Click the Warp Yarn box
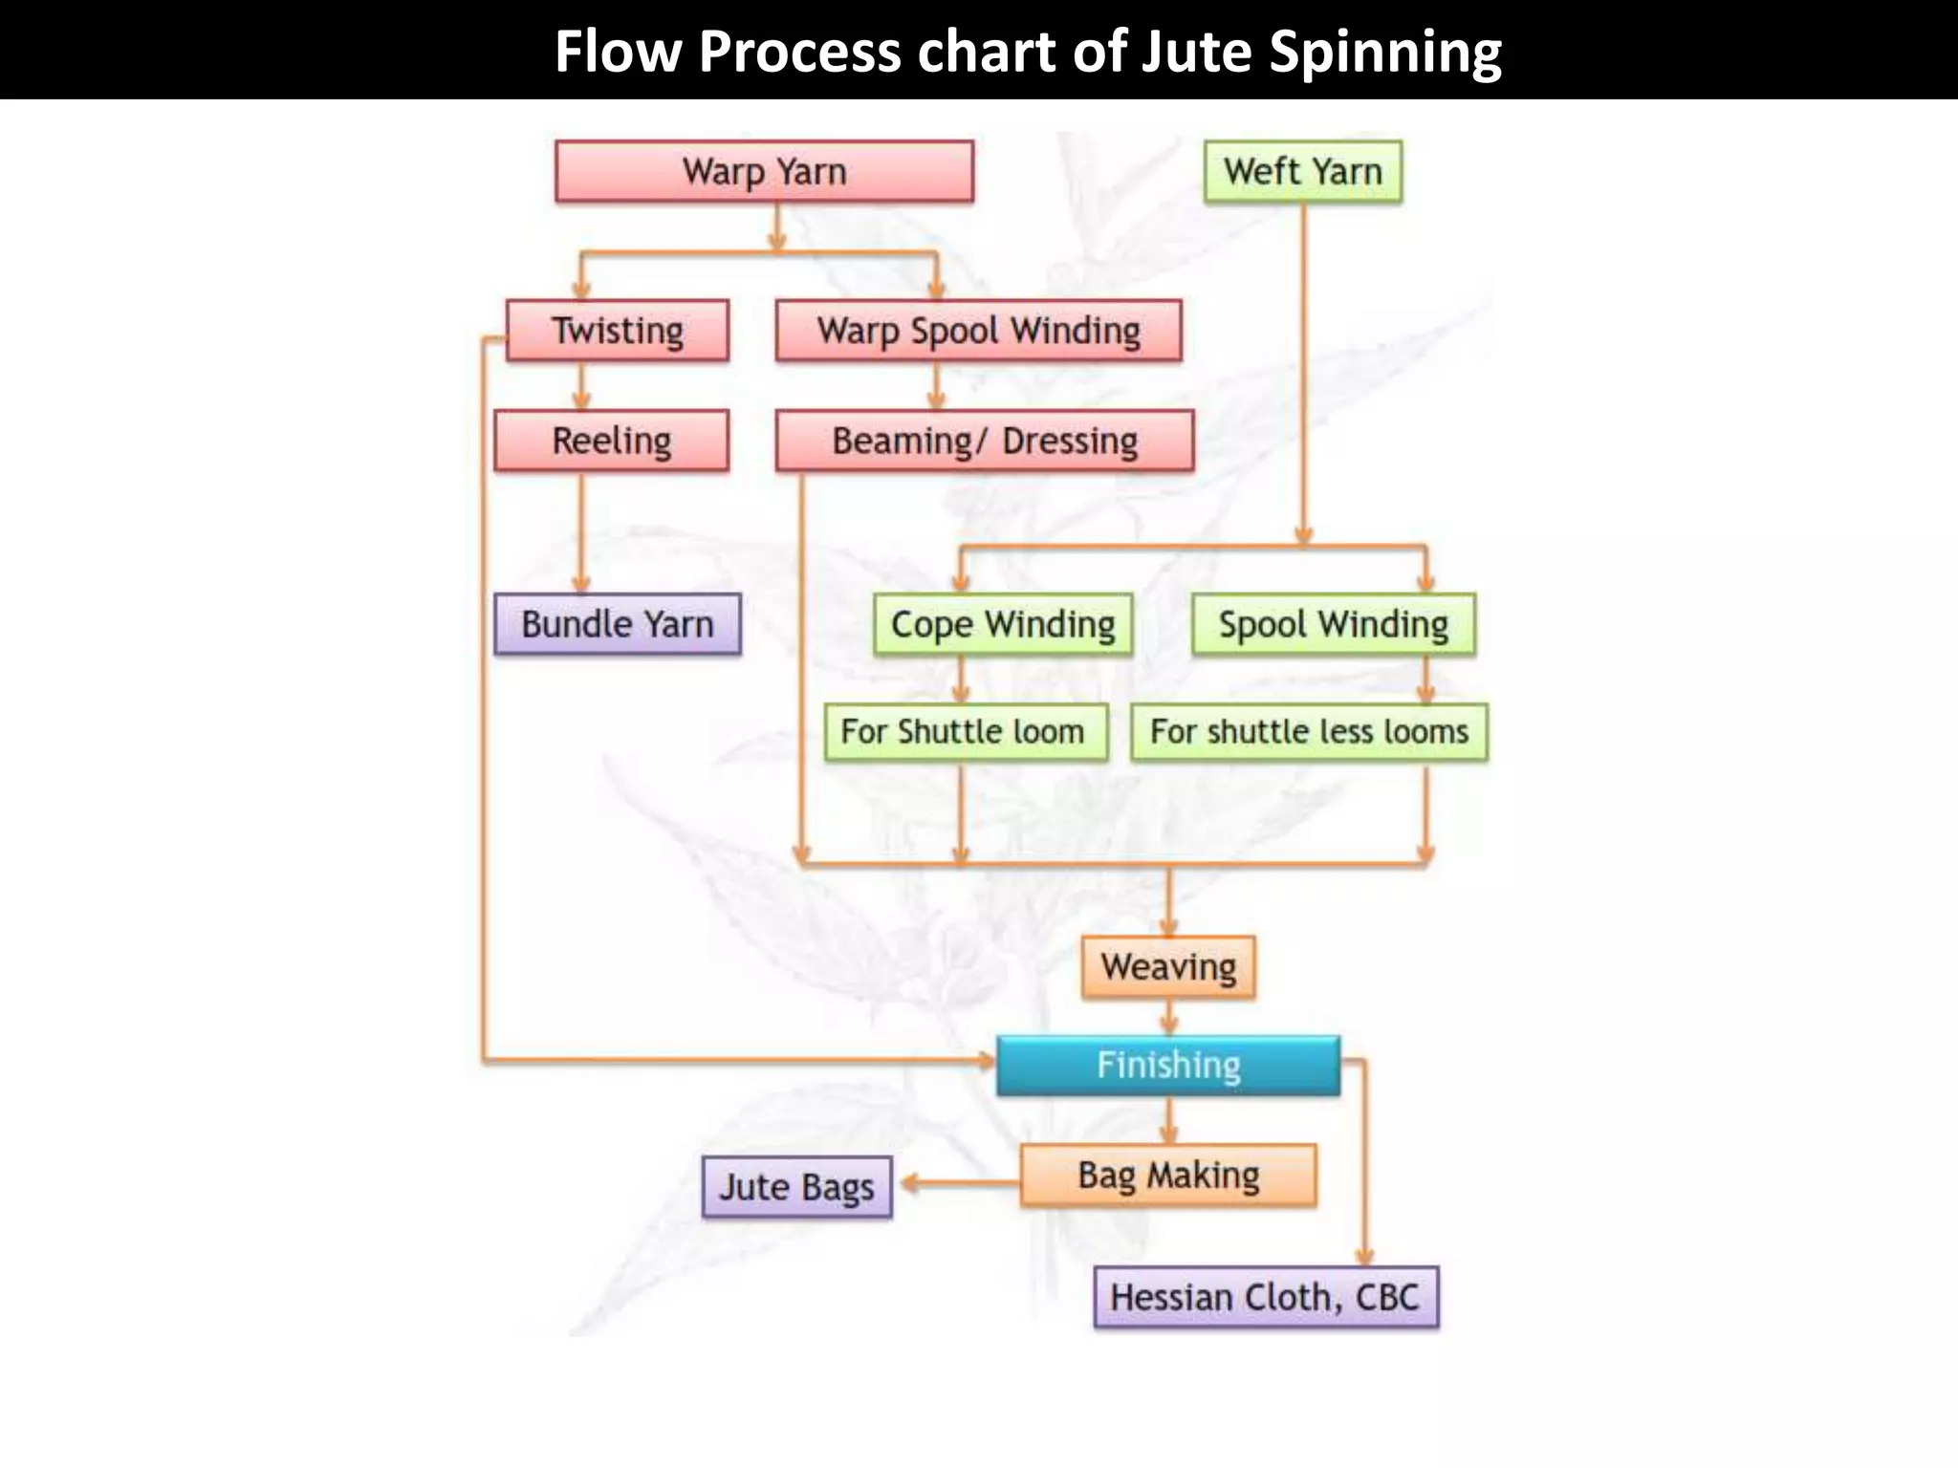764,172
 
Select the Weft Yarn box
1302,172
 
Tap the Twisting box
618,331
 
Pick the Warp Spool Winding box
978,331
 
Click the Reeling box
611,441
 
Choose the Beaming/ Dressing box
984,441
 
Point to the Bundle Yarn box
617,624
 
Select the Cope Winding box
1002,624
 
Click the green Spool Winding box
1333,624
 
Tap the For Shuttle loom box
966,732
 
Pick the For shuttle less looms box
1309,732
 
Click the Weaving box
1167,967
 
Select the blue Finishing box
1167,1065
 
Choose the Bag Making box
1167,1175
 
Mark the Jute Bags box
796,1187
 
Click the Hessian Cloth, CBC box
1265,1297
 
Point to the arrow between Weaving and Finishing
1168,1017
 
